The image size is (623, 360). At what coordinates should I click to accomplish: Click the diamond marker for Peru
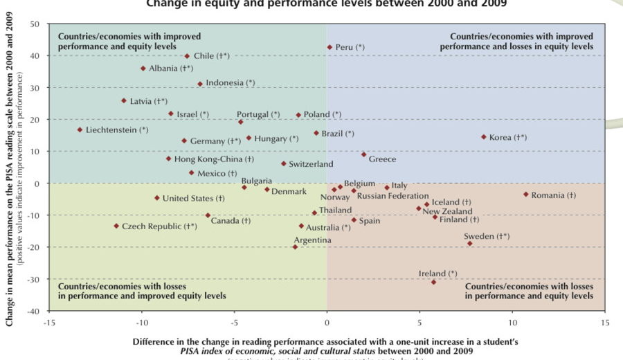pos(329,47)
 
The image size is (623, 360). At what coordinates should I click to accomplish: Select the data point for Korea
pos(484,137)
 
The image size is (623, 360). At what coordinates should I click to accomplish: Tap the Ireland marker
pos(434,282)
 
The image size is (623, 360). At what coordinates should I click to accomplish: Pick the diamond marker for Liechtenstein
pos(80,129)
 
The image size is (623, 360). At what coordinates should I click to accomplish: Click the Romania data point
pos(526,195)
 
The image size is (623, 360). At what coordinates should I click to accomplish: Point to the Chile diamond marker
pos(187,56)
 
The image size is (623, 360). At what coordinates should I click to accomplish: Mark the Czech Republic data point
pos(116,226)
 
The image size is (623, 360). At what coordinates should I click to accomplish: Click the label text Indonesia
pos(224,82)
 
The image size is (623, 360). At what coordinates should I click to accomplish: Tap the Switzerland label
pos(311,164)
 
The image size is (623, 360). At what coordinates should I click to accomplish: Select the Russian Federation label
pos(392,196)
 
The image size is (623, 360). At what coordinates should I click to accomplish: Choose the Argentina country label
pos(312,240)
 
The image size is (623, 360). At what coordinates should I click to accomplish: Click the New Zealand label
pos(447,211)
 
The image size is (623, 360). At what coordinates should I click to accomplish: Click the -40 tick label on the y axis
pos(32,311)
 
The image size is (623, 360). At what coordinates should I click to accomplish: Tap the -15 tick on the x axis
pos(48,322)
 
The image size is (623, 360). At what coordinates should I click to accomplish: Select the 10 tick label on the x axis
pos(512,322)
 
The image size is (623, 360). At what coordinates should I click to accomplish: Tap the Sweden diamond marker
pos(469,243)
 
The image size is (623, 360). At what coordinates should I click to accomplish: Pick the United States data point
pos(157,198)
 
